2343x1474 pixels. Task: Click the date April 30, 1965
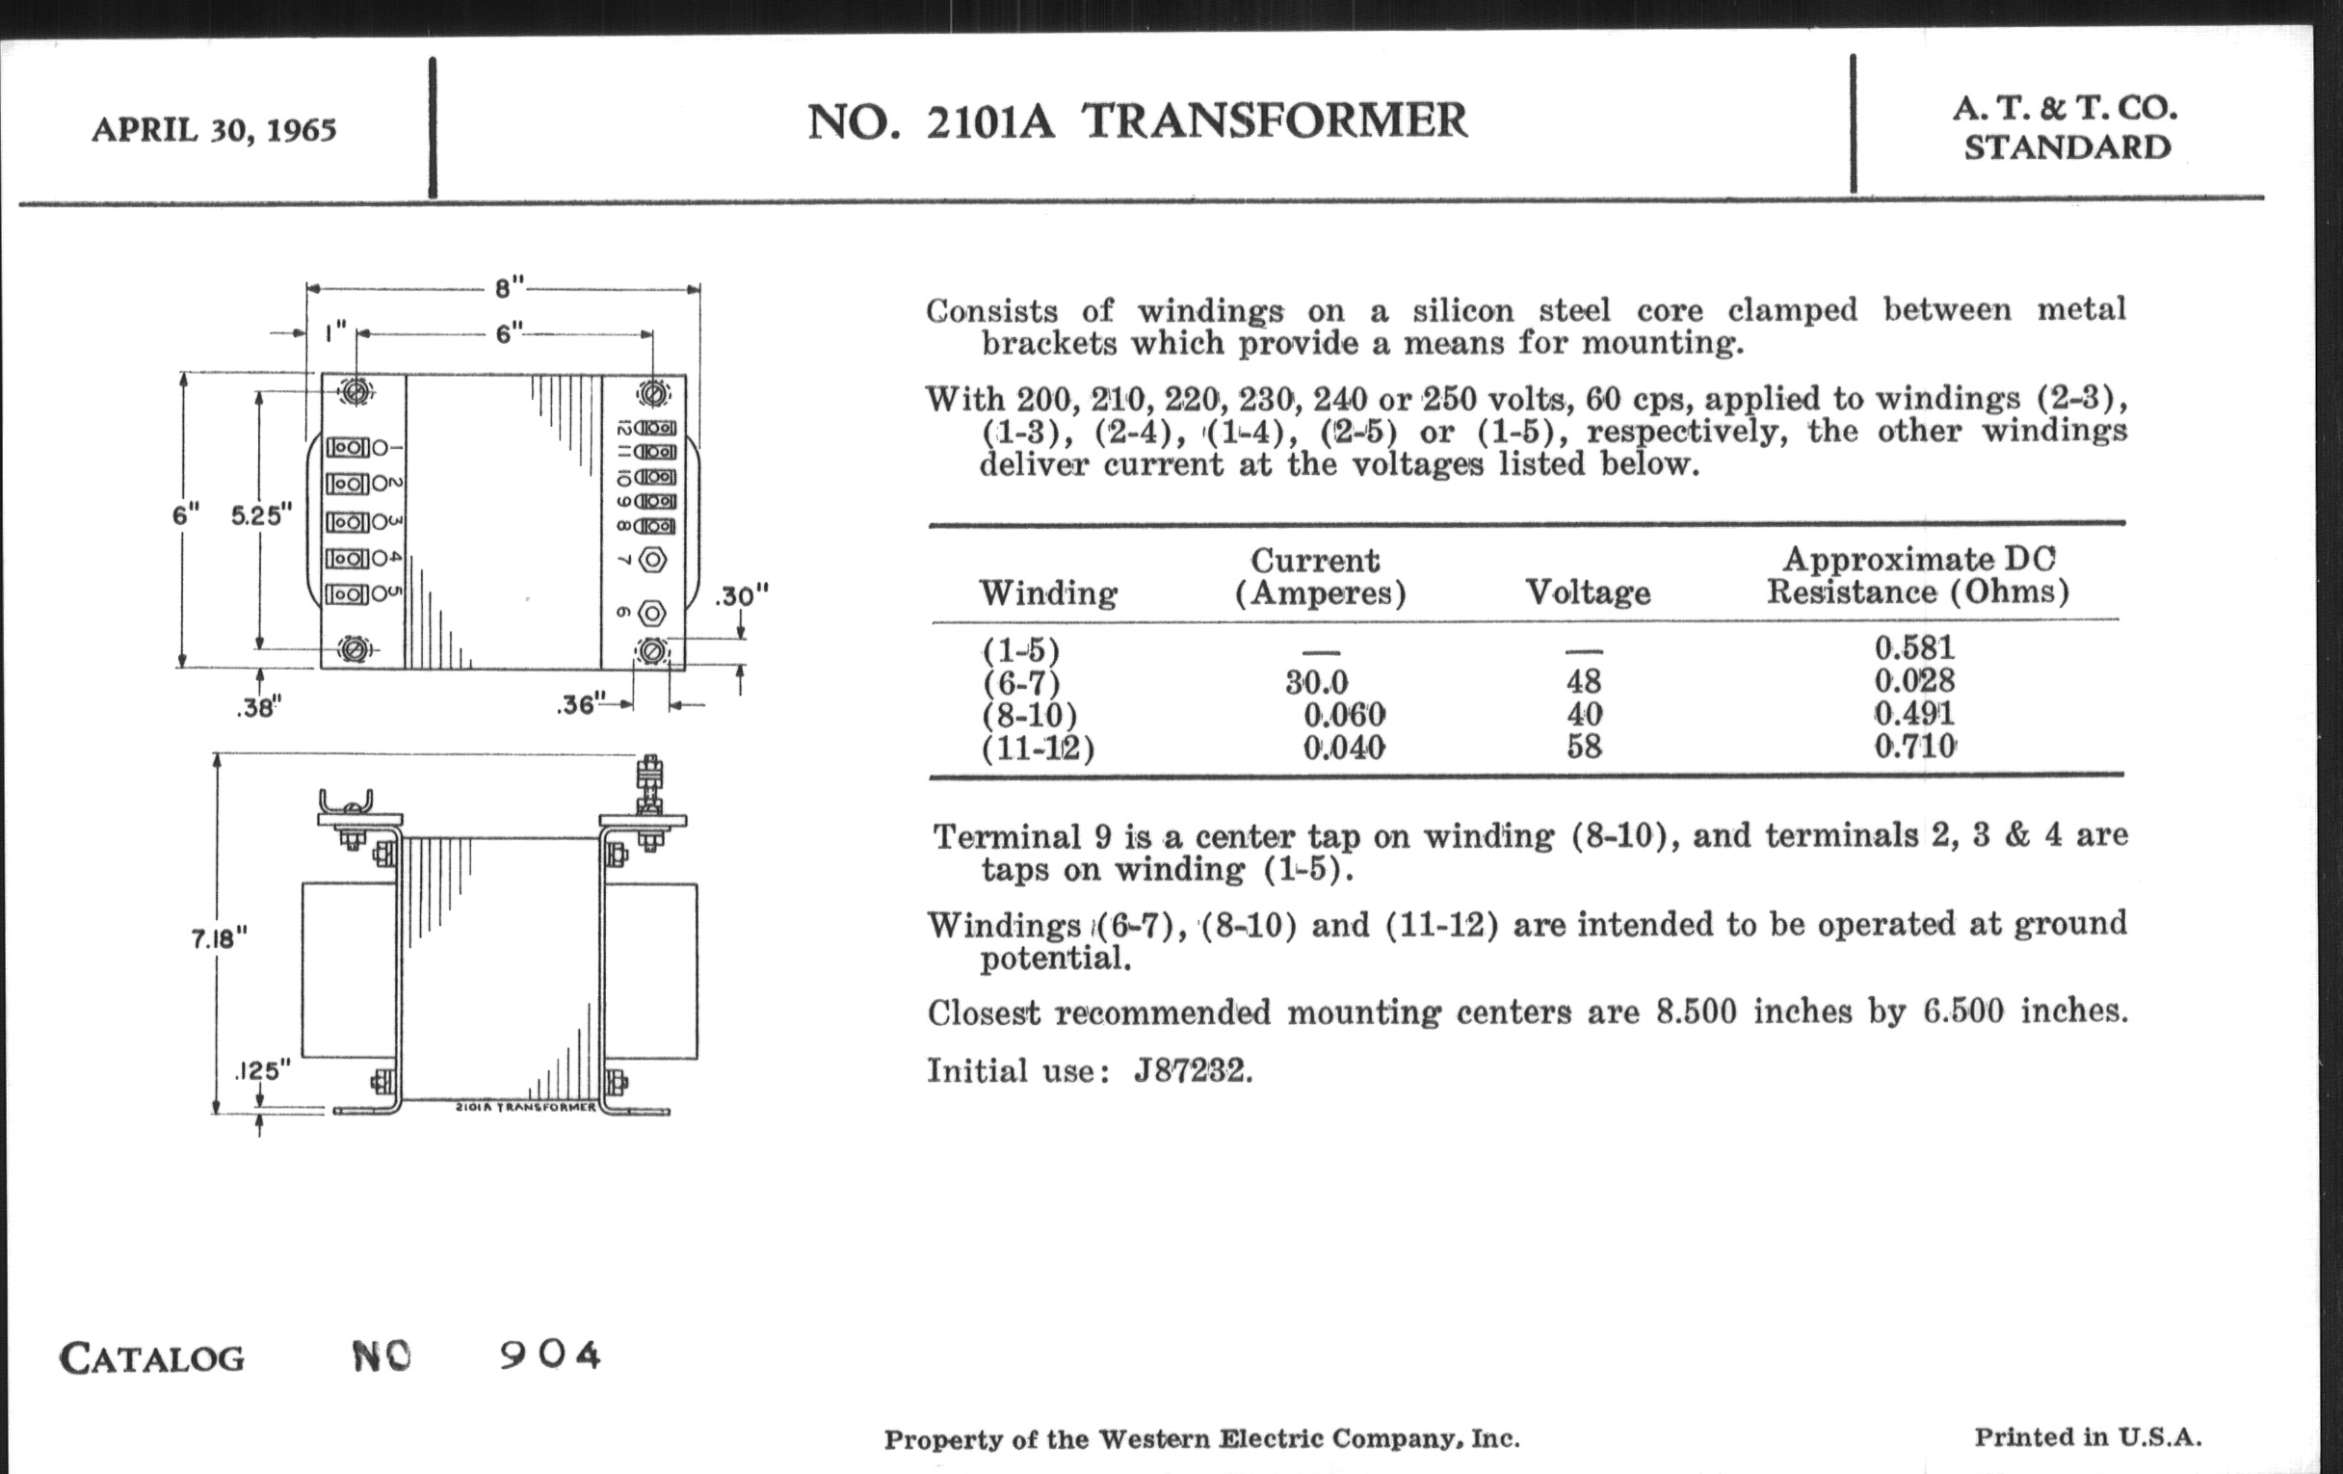click(x=214, y=129)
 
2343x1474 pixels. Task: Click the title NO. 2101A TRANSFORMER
click(x=1137, y=121)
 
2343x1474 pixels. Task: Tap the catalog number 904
click(x=551, y=1355)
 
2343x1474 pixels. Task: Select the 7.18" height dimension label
click(x=219, y=938)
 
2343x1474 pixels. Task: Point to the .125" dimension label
click(x=262, y=1071)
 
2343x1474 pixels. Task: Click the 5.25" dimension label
click(x=262, y=514)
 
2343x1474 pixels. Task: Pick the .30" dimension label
click(x=742, y=595)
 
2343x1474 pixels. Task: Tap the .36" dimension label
click(x=581, y=704)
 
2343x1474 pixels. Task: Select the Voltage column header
click(x=1588, y=592)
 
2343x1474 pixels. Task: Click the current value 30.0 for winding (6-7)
click(x=1316, y=682)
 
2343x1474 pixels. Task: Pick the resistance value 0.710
click(x=1915, y=747)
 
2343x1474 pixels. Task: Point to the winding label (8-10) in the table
click(x=1030, y=715)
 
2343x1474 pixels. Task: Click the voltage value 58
click(x=1584, y=747)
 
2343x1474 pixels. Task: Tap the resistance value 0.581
click(x=1915, y=648)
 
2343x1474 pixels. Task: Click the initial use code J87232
click(x=1193, y=1071)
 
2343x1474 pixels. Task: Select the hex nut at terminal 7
click(x=653, y=561)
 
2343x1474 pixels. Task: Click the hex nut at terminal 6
click(x=653, y=613)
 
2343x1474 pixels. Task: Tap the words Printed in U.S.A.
click(x=2088, y=1438)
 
